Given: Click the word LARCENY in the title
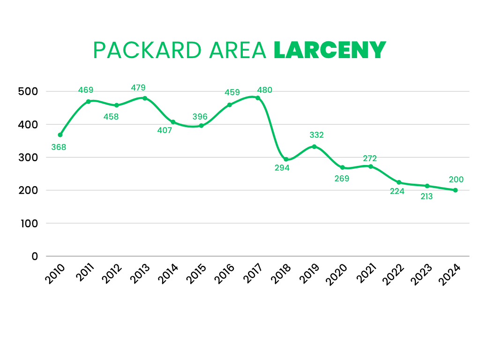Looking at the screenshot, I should coord(330,50).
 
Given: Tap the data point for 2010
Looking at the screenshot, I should coord(60,135).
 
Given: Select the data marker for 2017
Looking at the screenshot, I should coord(258,98).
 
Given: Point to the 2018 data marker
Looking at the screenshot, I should coord(286,159).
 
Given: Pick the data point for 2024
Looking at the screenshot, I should coord(455,190).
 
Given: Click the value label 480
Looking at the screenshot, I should coord(264,90).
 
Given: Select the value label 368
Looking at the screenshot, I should coord(59,147).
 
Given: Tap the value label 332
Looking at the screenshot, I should coord(316,135).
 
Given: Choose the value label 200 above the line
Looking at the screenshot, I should coord(456,179).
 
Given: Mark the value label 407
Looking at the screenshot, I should coord(165,130).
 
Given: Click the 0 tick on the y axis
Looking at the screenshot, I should coord(35,256).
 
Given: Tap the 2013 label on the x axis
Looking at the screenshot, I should coord(140,275).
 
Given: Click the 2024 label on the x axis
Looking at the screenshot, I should coord(450,275).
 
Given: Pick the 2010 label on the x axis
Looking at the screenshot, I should coord(55,275).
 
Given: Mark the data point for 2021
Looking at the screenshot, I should coord(371,166).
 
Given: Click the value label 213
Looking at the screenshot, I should coord(426,196).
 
